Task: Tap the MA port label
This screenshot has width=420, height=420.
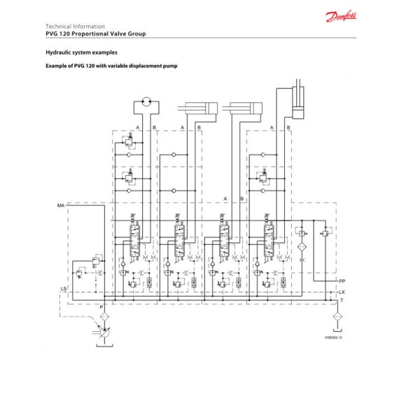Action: [61, 204]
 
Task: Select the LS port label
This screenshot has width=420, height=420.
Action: [64, 288]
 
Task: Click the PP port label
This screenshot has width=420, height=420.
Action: [342, 281]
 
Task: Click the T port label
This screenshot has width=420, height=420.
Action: [342, 300]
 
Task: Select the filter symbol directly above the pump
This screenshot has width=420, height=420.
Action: [104, 317]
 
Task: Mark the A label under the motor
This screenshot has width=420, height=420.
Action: [139, 127]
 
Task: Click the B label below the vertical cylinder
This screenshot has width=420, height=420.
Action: [288, 127]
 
